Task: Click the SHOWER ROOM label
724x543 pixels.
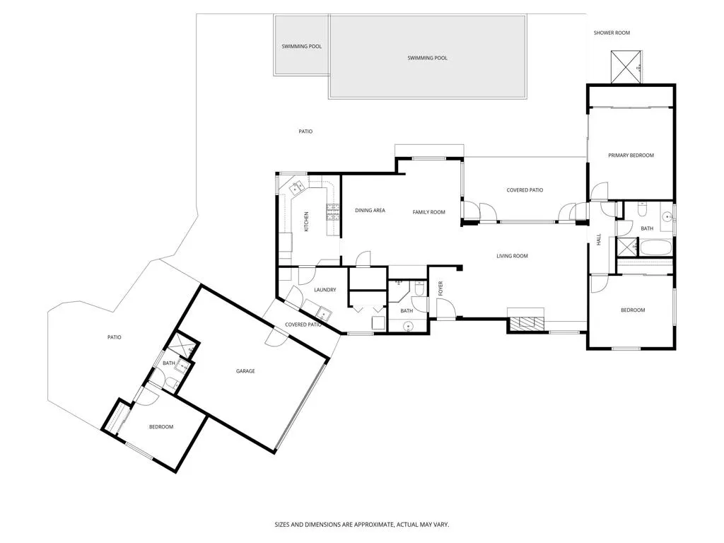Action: (612, 33)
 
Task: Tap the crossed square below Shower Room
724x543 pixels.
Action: (626, 67)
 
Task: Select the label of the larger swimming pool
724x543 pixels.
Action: (427, 58)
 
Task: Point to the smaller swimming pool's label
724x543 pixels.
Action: (301, 47)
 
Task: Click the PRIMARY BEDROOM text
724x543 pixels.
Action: (631, 156)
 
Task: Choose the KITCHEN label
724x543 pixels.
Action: (306, 221)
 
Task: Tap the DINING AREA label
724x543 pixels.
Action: (370, 211)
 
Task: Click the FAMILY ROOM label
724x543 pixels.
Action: (428, 212)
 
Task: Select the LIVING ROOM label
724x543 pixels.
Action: (512, 256)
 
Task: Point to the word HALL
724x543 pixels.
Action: (599, 239)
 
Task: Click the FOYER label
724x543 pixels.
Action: (440, 288)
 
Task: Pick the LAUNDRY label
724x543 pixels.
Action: (325, 290)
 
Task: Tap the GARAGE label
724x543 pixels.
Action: (245, 371)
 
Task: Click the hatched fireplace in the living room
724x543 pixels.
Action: (526, 322)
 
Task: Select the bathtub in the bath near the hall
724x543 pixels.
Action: (655, 247)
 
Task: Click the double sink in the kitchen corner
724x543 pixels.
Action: (296, 187)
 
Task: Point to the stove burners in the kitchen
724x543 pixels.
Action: (333, 213)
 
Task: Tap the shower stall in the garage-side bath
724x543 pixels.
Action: (182, 345)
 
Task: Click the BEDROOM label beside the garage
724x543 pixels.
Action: (161, 427)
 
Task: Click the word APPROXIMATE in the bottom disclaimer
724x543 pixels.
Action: (371, 525)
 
